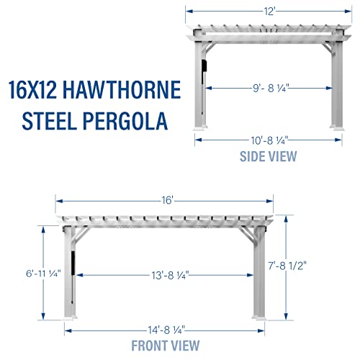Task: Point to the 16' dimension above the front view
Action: pos(167,201)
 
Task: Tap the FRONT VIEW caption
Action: pos(166,346)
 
